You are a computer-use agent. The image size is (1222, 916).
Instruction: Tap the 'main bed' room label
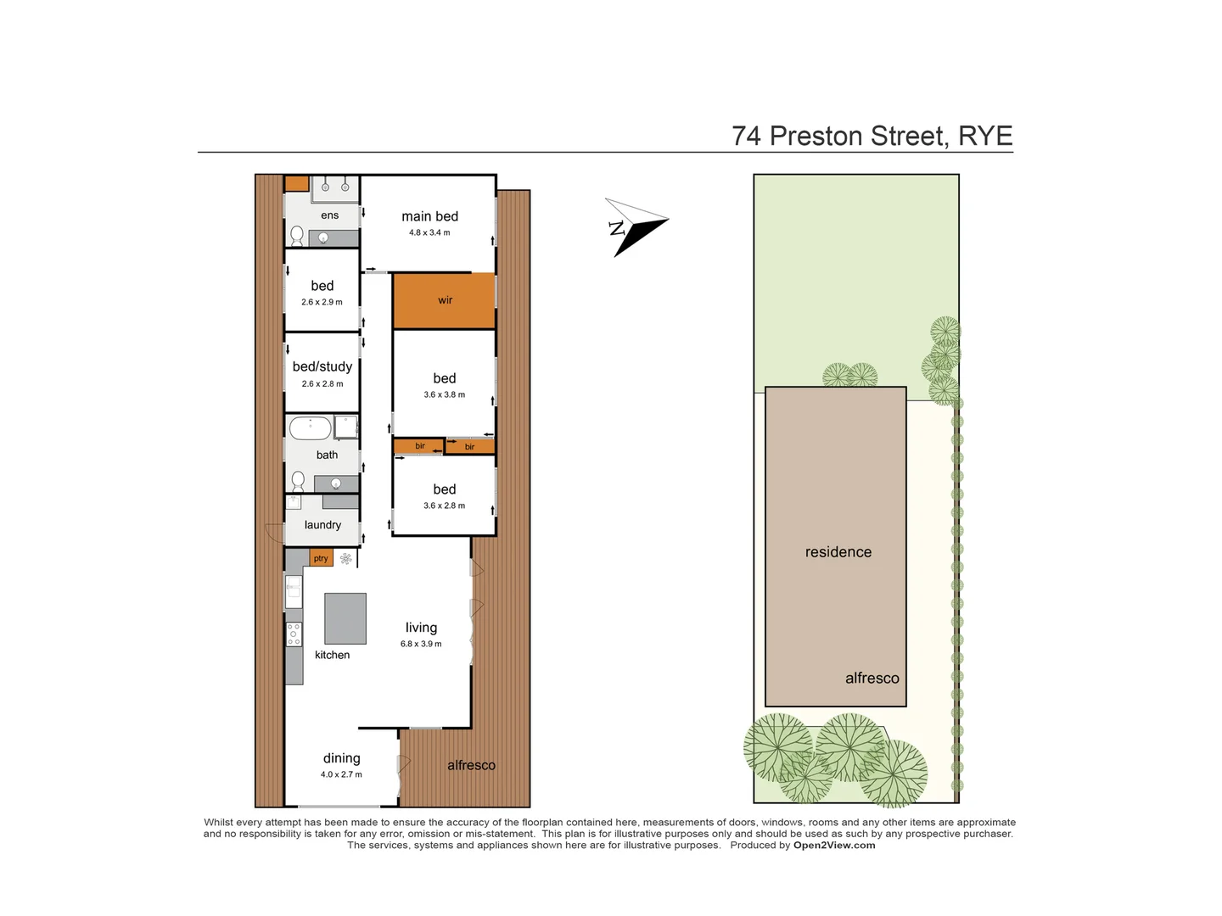pos(429,216)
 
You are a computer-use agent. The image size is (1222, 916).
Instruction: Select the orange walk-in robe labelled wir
pos(444,300)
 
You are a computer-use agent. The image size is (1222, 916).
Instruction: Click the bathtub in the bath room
pos(310,427)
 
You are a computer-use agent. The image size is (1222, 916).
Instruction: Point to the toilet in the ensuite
pos(297,234)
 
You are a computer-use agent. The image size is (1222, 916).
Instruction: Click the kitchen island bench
pos(345,618)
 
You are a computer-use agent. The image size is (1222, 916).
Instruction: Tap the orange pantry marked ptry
pos(321,558)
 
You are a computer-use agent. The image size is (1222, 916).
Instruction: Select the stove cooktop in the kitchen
pos(294,634)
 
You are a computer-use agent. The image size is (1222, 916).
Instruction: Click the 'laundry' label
pos(322,525)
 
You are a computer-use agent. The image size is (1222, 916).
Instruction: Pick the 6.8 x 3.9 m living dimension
pos(421,644)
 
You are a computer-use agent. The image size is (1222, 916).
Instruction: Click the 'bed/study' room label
pos(322,366)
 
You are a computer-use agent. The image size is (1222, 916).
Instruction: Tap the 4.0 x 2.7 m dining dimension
pos(341,774)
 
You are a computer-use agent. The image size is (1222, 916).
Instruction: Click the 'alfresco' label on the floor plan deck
pos(471,765)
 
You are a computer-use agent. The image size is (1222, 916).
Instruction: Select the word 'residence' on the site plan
pos(838,552)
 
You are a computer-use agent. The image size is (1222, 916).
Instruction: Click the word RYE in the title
pos(985,136)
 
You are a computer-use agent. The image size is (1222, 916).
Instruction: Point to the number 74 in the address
pos(746,136)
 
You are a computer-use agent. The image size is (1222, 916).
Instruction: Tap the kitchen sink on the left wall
pos(294,590)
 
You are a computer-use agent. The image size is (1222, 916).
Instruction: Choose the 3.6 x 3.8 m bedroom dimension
pos(444,394)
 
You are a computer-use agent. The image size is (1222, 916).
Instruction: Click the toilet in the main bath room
pos(298,482)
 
